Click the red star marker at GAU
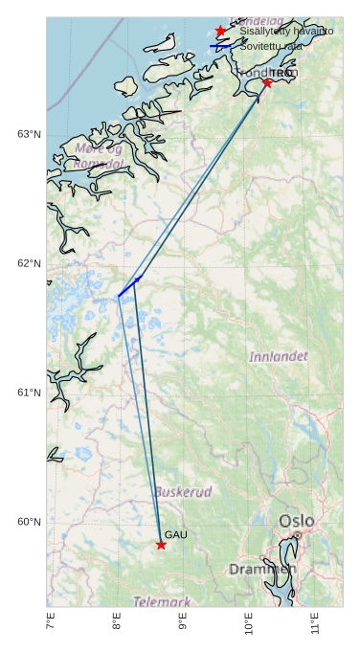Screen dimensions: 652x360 tap(161, 545)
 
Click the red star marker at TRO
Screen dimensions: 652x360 tap(266, 83)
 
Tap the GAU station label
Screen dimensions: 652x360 tap(175, 534)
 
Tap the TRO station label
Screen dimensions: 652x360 tap(281, 73)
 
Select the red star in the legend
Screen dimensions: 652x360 tap(221, 32)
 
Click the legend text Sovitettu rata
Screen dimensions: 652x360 tap(272, 46)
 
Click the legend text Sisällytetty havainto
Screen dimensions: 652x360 tap(286, 32)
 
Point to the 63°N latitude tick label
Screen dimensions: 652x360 tap(29, 134)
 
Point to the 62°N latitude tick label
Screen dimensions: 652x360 tap(29, 263)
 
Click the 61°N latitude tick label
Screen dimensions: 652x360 tap(29, 393)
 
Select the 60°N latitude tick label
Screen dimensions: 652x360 tap(29, 522)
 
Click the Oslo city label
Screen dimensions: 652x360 tap(296, 521)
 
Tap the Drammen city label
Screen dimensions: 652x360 tap(262, 570)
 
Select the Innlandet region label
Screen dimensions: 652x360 tap(279, 356)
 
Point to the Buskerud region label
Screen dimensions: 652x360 tap(183, 491)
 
